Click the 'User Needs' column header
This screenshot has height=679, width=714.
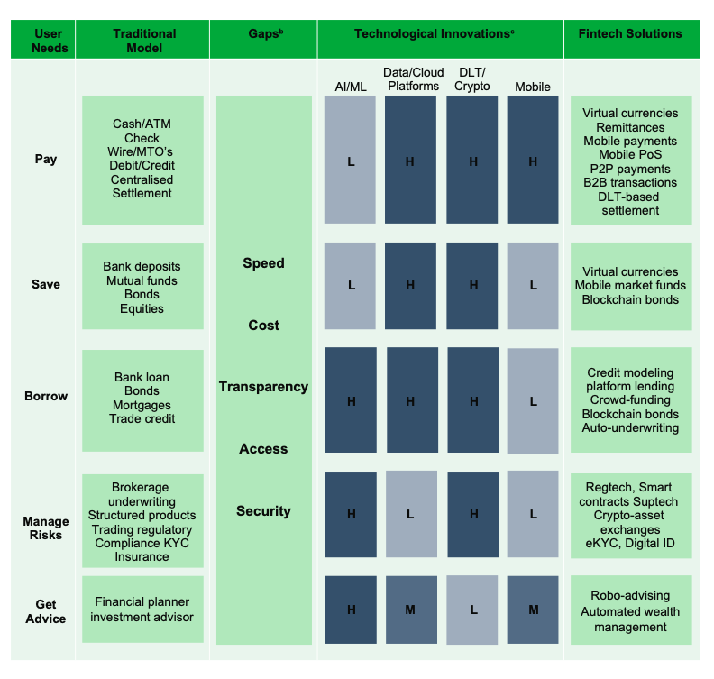(x=49, y=41)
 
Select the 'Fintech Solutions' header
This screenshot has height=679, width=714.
(x=630, y=33)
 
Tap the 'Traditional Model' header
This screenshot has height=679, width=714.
(x=144, y=41)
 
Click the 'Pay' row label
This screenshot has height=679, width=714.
(x=46, y=159)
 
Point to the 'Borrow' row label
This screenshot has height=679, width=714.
(x=46, y=396)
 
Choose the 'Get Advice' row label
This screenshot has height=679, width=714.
(x=46, y=611)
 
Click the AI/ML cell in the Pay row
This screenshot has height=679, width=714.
(x=350, y=160)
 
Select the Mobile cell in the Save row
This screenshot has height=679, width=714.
(x=533, y=286)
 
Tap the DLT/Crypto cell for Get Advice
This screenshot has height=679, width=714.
(x=472, y=610)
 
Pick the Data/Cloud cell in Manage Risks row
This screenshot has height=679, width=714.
(x=411, y=514)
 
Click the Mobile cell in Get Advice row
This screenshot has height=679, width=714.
(x=533, y=610)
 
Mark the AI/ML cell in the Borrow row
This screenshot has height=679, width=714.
(x=351, y=400)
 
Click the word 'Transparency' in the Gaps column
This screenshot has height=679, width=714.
(x=263, y=387)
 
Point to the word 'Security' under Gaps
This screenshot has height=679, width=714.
(x=263, y=511)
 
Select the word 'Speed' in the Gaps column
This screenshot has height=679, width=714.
(x=263, y=263)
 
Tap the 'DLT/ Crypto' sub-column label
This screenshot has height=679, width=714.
(x=472, y=79)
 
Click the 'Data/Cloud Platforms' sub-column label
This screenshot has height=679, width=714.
(x=414, y=79)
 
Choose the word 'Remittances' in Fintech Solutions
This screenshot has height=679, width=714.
(x=630, y=127)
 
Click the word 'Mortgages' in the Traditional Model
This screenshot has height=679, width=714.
(x=142, y=405)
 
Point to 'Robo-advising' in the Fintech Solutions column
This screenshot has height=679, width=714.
(x=630, y=596)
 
